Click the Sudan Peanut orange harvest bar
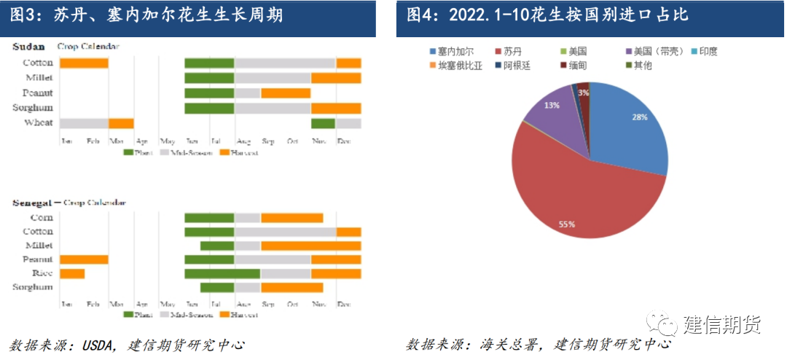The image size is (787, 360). (286, 93)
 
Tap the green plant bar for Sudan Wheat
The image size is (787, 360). (323, 123)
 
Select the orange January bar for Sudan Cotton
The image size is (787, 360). (84, 63)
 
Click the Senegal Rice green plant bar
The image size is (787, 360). (222, 273)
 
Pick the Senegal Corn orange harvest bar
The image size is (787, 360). (291, 218)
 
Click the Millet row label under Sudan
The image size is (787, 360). (39, 78)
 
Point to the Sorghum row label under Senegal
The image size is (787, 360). (33, 287)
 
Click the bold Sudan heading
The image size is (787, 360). (29, 47)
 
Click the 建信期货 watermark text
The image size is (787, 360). (721, 325)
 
